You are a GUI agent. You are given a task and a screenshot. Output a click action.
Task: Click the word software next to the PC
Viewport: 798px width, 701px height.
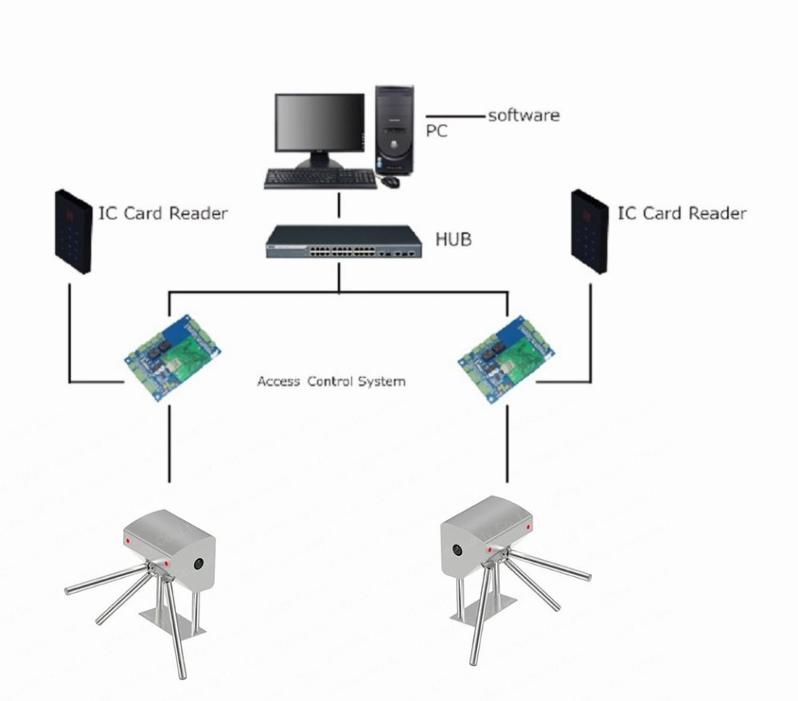(x=524, y=115)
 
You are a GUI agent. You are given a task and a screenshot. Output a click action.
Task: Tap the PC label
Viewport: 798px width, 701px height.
(x=436, y=130)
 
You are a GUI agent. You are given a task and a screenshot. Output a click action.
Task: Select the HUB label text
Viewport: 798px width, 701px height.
(x=454, y=240)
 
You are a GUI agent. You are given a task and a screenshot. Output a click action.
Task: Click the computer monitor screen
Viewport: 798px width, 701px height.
(x=319, y=121)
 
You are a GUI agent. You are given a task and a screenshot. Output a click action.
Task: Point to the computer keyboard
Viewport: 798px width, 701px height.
(x=320, y=178)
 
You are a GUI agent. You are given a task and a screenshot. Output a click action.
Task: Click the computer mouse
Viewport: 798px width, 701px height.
(x=390, y=181)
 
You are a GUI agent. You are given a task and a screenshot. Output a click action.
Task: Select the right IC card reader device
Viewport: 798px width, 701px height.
(x=590, y=231)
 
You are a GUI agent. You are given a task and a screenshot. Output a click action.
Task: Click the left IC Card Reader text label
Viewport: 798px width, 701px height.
(x=163, y=214)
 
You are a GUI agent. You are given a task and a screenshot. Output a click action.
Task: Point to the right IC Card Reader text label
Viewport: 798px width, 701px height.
(x=682, y=213)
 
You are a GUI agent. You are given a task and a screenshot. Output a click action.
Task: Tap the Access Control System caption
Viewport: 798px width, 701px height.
(x=331, y=381)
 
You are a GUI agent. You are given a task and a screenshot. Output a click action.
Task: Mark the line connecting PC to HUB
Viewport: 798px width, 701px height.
(x=340, y=206)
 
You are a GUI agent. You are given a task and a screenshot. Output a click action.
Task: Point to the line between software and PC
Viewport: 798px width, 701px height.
(x=455, y=116)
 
